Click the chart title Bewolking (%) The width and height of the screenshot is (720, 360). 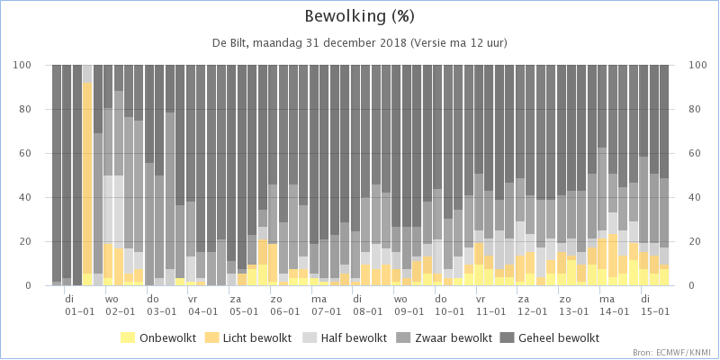coord(360,17)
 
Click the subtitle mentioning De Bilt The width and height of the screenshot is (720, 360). coord(359,43)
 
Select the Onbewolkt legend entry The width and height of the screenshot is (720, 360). coord(158,338)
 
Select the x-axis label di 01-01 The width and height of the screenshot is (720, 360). coord(79,305)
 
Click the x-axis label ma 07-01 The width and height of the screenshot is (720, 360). coord(326,305)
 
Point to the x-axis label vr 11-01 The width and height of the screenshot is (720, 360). coord(490,305)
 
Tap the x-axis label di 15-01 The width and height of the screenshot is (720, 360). coord(655,305)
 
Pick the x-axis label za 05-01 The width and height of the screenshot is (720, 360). coord(244,305)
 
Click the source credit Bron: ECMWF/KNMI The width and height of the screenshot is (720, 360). coord(674,352)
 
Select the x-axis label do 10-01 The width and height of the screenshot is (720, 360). coord(449,305)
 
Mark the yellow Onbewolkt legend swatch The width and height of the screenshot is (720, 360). coord(127,338)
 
